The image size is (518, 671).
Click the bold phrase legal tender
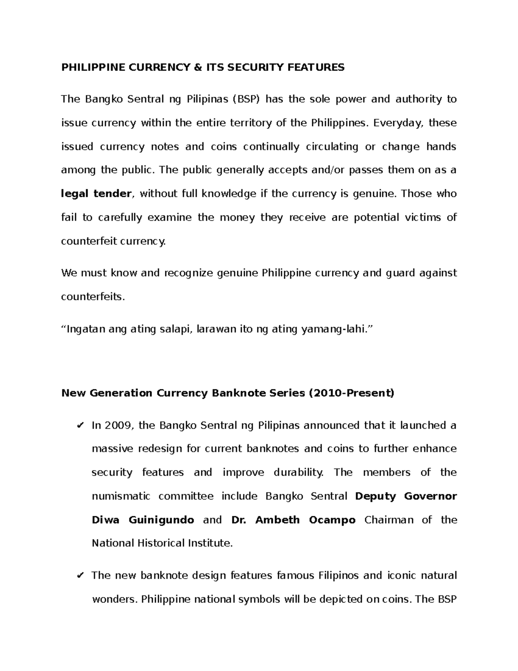pos(96,194)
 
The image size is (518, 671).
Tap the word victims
pos(420,217)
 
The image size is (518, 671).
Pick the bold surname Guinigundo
pos(161,520)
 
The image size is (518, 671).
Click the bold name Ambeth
pos(277,520)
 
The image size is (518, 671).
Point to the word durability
pos(298,473)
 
